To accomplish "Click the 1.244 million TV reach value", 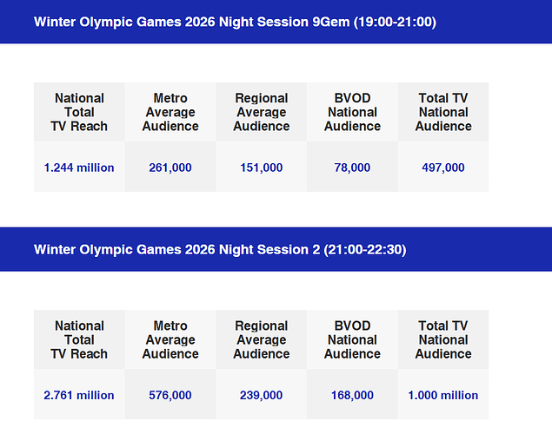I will click(79, 168).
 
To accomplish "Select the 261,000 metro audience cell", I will click(170, 168).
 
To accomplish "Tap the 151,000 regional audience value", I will click(262, 168).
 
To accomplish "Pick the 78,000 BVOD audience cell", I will click(352, 168).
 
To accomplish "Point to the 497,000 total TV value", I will click(443, 168).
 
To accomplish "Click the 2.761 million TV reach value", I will click(79, 395).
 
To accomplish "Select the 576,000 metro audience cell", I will click(170, 395).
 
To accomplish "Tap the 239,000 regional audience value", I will click(262, 395).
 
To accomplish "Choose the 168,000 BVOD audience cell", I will click(352, 395).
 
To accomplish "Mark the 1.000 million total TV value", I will click(443, 395).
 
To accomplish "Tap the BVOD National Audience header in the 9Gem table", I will click(352, 112).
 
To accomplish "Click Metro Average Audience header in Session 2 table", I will click(170, 339).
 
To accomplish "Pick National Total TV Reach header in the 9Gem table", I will click(79, 112).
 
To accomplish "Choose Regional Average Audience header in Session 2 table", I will click(262, 339).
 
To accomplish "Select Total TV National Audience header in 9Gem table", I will click(443, 112).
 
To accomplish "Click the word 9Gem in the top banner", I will click(328, 22).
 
